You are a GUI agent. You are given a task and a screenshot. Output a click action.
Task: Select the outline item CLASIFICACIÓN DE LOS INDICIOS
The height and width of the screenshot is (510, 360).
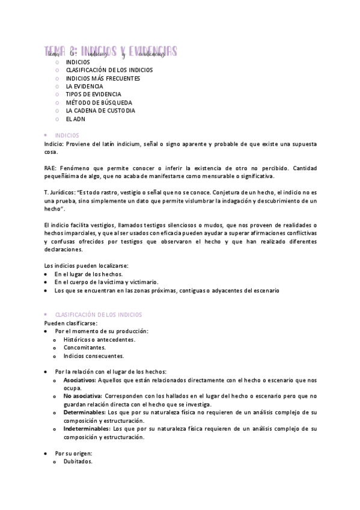[x=109, y=70]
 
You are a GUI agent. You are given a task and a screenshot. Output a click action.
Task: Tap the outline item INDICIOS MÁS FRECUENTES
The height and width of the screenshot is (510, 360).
[x=103, y=78]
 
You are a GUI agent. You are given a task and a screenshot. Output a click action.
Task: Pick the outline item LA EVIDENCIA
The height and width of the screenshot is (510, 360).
[x=84, y=86]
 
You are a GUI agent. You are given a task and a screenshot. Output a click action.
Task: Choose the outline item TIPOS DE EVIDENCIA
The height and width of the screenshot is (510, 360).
[x=93, y=94]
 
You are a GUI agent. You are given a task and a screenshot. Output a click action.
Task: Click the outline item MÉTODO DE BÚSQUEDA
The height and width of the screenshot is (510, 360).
[x=99, y=103]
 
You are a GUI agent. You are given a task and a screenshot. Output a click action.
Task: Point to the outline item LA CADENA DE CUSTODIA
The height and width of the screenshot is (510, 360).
[x=100, y=111]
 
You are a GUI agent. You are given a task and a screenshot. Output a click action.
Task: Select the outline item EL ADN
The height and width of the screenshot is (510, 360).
[x=76, y=119]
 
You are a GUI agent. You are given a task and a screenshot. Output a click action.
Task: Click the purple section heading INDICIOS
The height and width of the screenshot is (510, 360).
[x=67, y=136]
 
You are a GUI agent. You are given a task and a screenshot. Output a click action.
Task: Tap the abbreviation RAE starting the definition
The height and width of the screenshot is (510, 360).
[x=50, y=168]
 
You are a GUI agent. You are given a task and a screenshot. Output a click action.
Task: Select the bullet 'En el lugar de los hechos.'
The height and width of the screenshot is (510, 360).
[x=88, y=274]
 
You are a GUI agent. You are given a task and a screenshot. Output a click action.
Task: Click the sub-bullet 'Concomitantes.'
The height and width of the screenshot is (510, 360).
[x=84, y=348]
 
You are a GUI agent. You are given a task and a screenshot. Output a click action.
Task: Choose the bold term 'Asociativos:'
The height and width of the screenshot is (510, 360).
[x=80, y=380]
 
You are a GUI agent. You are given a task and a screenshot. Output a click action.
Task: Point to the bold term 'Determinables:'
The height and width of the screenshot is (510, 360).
[x=84, y=413]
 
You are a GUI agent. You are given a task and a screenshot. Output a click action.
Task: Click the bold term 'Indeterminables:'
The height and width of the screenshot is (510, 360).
[x=87, y=429]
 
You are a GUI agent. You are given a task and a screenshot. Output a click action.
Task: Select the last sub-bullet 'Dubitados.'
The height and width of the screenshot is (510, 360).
[x=78, y=461]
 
